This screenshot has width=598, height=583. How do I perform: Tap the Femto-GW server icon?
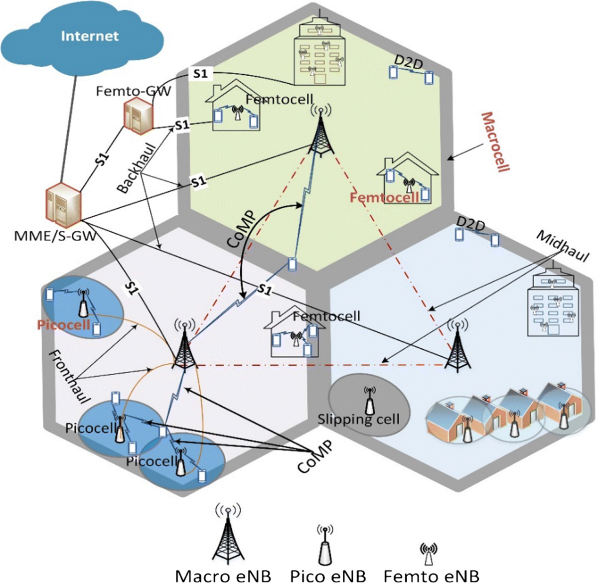tap(138, 115)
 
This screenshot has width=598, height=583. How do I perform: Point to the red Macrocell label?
tap(495, 142)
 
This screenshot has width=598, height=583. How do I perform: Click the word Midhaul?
tap(562, 246)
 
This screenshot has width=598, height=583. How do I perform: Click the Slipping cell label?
tap(358, 419)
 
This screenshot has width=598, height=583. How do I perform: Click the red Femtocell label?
tap(384, 198)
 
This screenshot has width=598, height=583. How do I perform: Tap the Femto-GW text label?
tap(133, 91)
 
